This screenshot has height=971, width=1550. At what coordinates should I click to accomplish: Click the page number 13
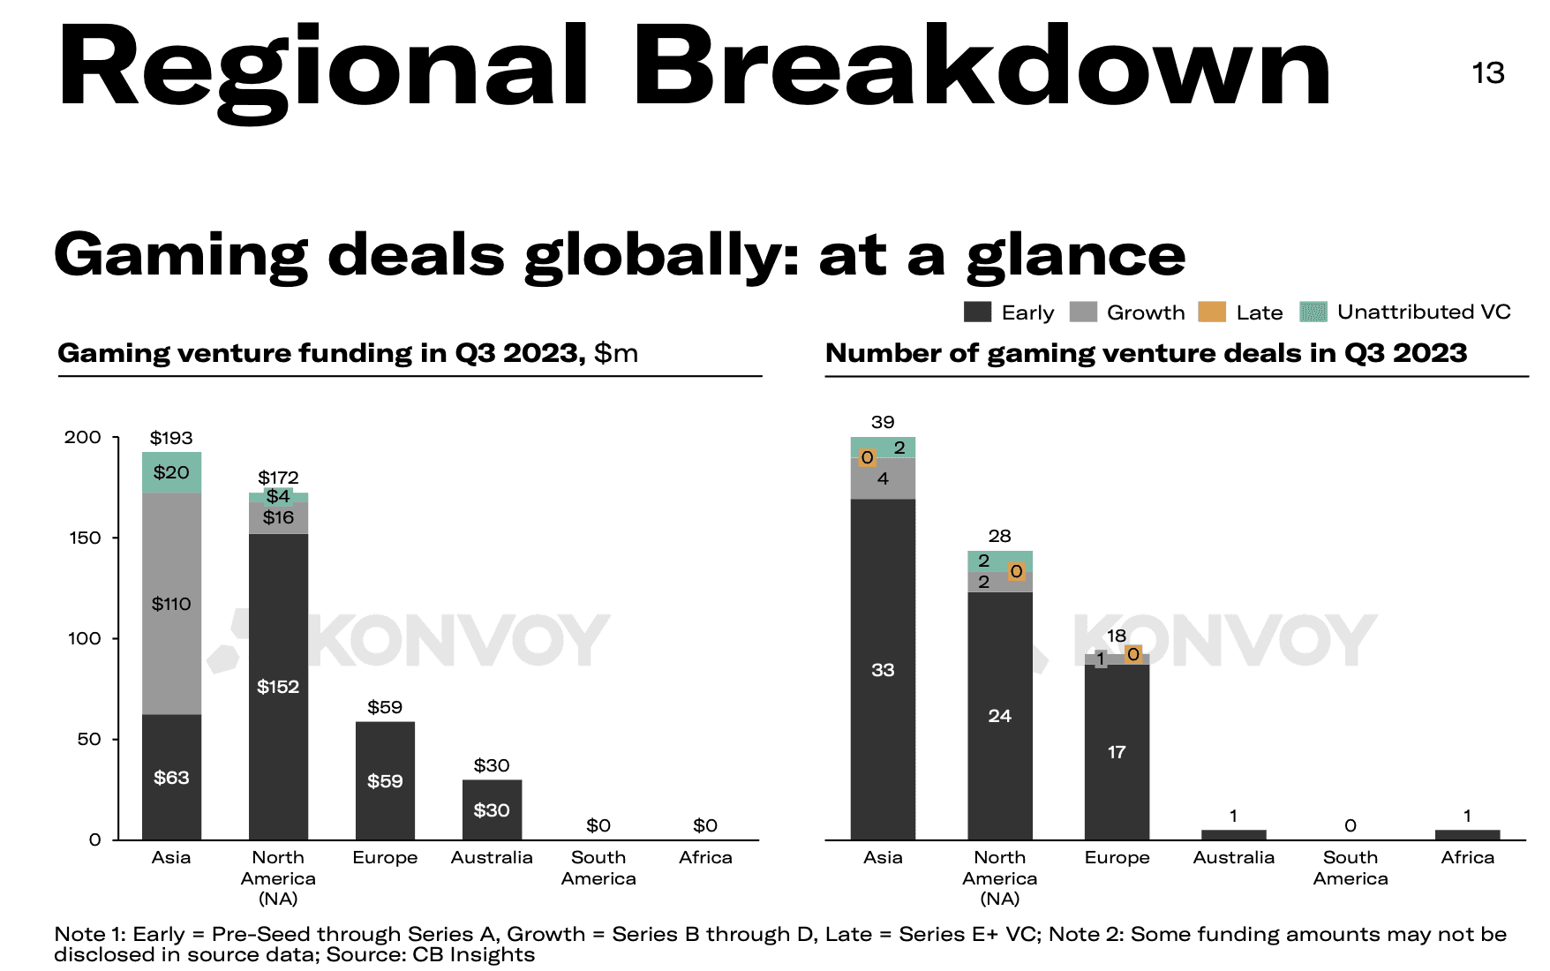1487,72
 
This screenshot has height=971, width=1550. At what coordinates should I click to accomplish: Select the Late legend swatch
1211,312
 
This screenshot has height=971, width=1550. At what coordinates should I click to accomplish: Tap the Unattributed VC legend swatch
1313,312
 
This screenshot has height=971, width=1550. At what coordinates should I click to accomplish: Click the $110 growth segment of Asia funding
171,604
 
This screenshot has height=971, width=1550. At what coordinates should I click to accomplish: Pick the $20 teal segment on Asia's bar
171,472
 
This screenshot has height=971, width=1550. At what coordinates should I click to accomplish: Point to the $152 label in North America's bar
278,687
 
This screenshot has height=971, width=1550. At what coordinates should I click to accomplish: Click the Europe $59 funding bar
385,780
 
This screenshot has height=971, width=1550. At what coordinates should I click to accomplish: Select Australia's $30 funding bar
492,809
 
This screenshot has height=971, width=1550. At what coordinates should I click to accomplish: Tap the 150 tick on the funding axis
85,538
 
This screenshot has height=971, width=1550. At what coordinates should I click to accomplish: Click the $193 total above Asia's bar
171,438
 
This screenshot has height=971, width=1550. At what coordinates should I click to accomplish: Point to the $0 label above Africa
705,825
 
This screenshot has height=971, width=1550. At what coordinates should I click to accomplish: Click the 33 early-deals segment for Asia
883,669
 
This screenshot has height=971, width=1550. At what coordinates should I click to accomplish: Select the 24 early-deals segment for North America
999,715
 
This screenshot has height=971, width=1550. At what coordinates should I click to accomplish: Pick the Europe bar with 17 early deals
1117,751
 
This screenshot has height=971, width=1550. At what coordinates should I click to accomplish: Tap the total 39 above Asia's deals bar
883,422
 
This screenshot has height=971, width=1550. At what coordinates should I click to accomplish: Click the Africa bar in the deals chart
1467,834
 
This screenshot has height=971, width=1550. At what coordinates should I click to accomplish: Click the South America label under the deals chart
1351,868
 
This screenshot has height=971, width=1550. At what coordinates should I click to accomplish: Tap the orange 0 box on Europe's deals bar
1133,654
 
